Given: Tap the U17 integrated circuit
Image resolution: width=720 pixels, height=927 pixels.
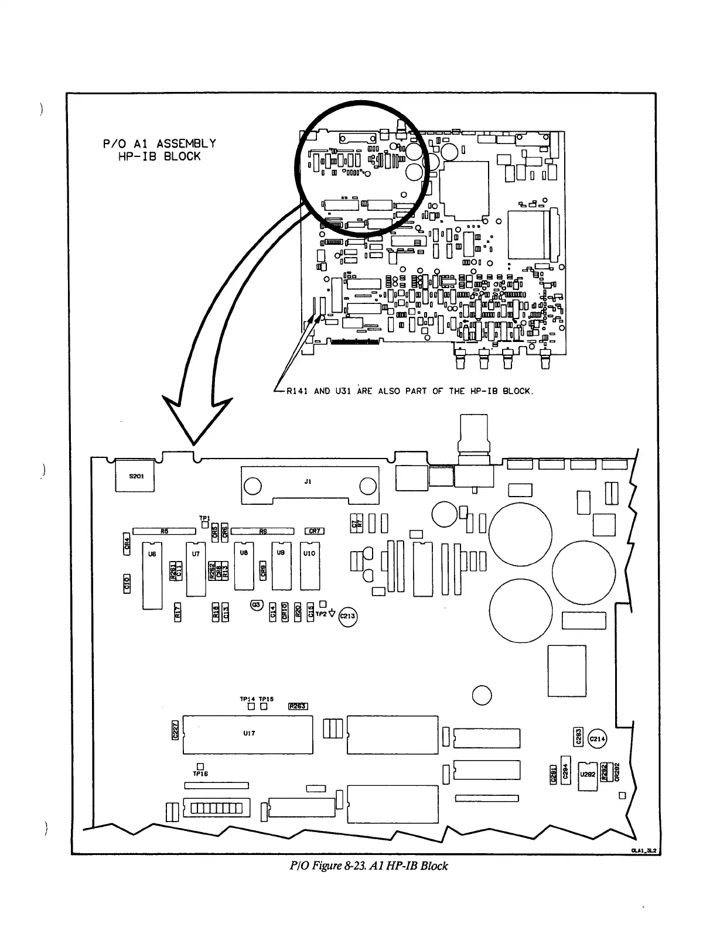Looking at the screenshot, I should click(x=248, y=734).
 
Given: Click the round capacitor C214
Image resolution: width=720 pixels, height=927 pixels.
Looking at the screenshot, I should click(x=598, y=739).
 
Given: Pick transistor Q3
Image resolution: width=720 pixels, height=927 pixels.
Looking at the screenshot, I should click(x=256, y=606).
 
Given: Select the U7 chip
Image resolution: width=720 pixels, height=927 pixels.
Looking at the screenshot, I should click(x=196, y=568).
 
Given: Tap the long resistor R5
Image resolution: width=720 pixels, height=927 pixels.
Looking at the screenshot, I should click(x=164, y=531).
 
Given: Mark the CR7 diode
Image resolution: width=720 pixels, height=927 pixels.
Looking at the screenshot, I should click(x=315, y=531).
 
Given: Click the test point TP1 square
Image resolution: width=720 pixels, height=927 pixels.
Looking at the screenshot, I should click(x=204, y=525).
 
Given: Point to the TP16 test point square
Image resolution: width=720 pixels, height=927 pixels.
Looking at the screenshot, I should click(x=200, y=765).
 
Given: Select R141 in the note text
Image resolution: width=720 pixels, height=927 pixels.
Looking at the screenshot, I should click(x=297, y=391).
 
